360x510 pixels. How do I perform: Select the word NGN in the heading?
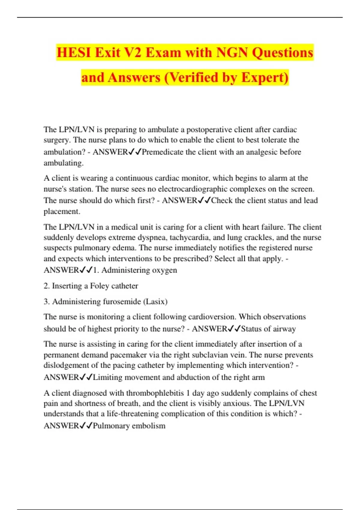coord(232,52)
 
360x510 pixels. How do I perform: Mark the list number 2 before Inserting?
coord(46,286)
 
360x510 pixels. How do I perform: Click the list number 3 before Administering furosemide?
coord(46,301)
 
